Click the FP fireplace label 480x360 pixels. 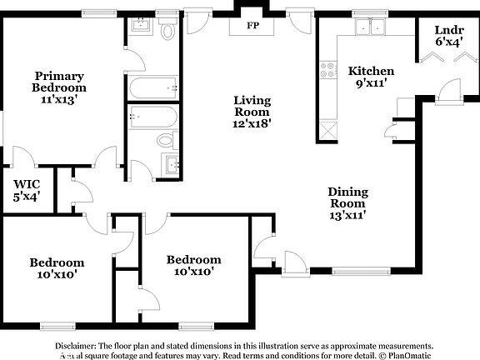252,26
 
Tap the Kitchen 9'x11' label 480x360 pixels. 371,77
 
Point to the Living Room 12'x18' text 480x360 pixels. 251,111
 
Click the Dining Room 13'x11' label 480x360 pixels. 347,203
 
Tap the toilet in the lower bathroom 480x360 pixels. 166,138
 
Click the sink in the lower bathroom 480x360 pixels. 172,163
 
